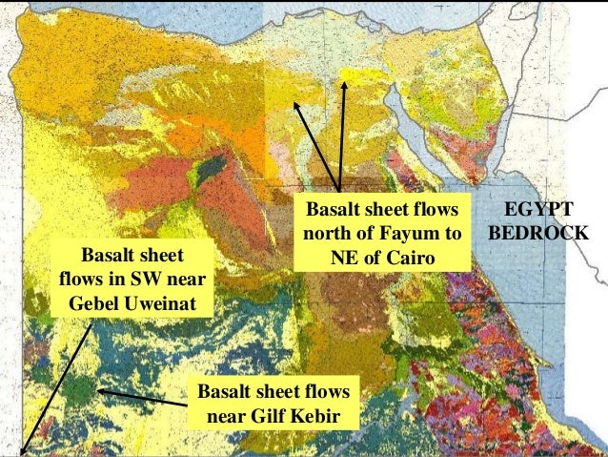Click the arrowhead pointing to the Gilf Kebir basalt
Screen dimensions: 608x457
point(99,391)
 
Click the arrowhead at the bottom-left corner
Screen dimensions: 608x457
point(22,451)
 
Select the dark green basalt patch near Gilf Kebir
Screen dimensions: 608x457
point(80,391)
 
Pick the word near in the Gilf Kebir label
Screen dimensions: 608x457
point(231,417)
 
